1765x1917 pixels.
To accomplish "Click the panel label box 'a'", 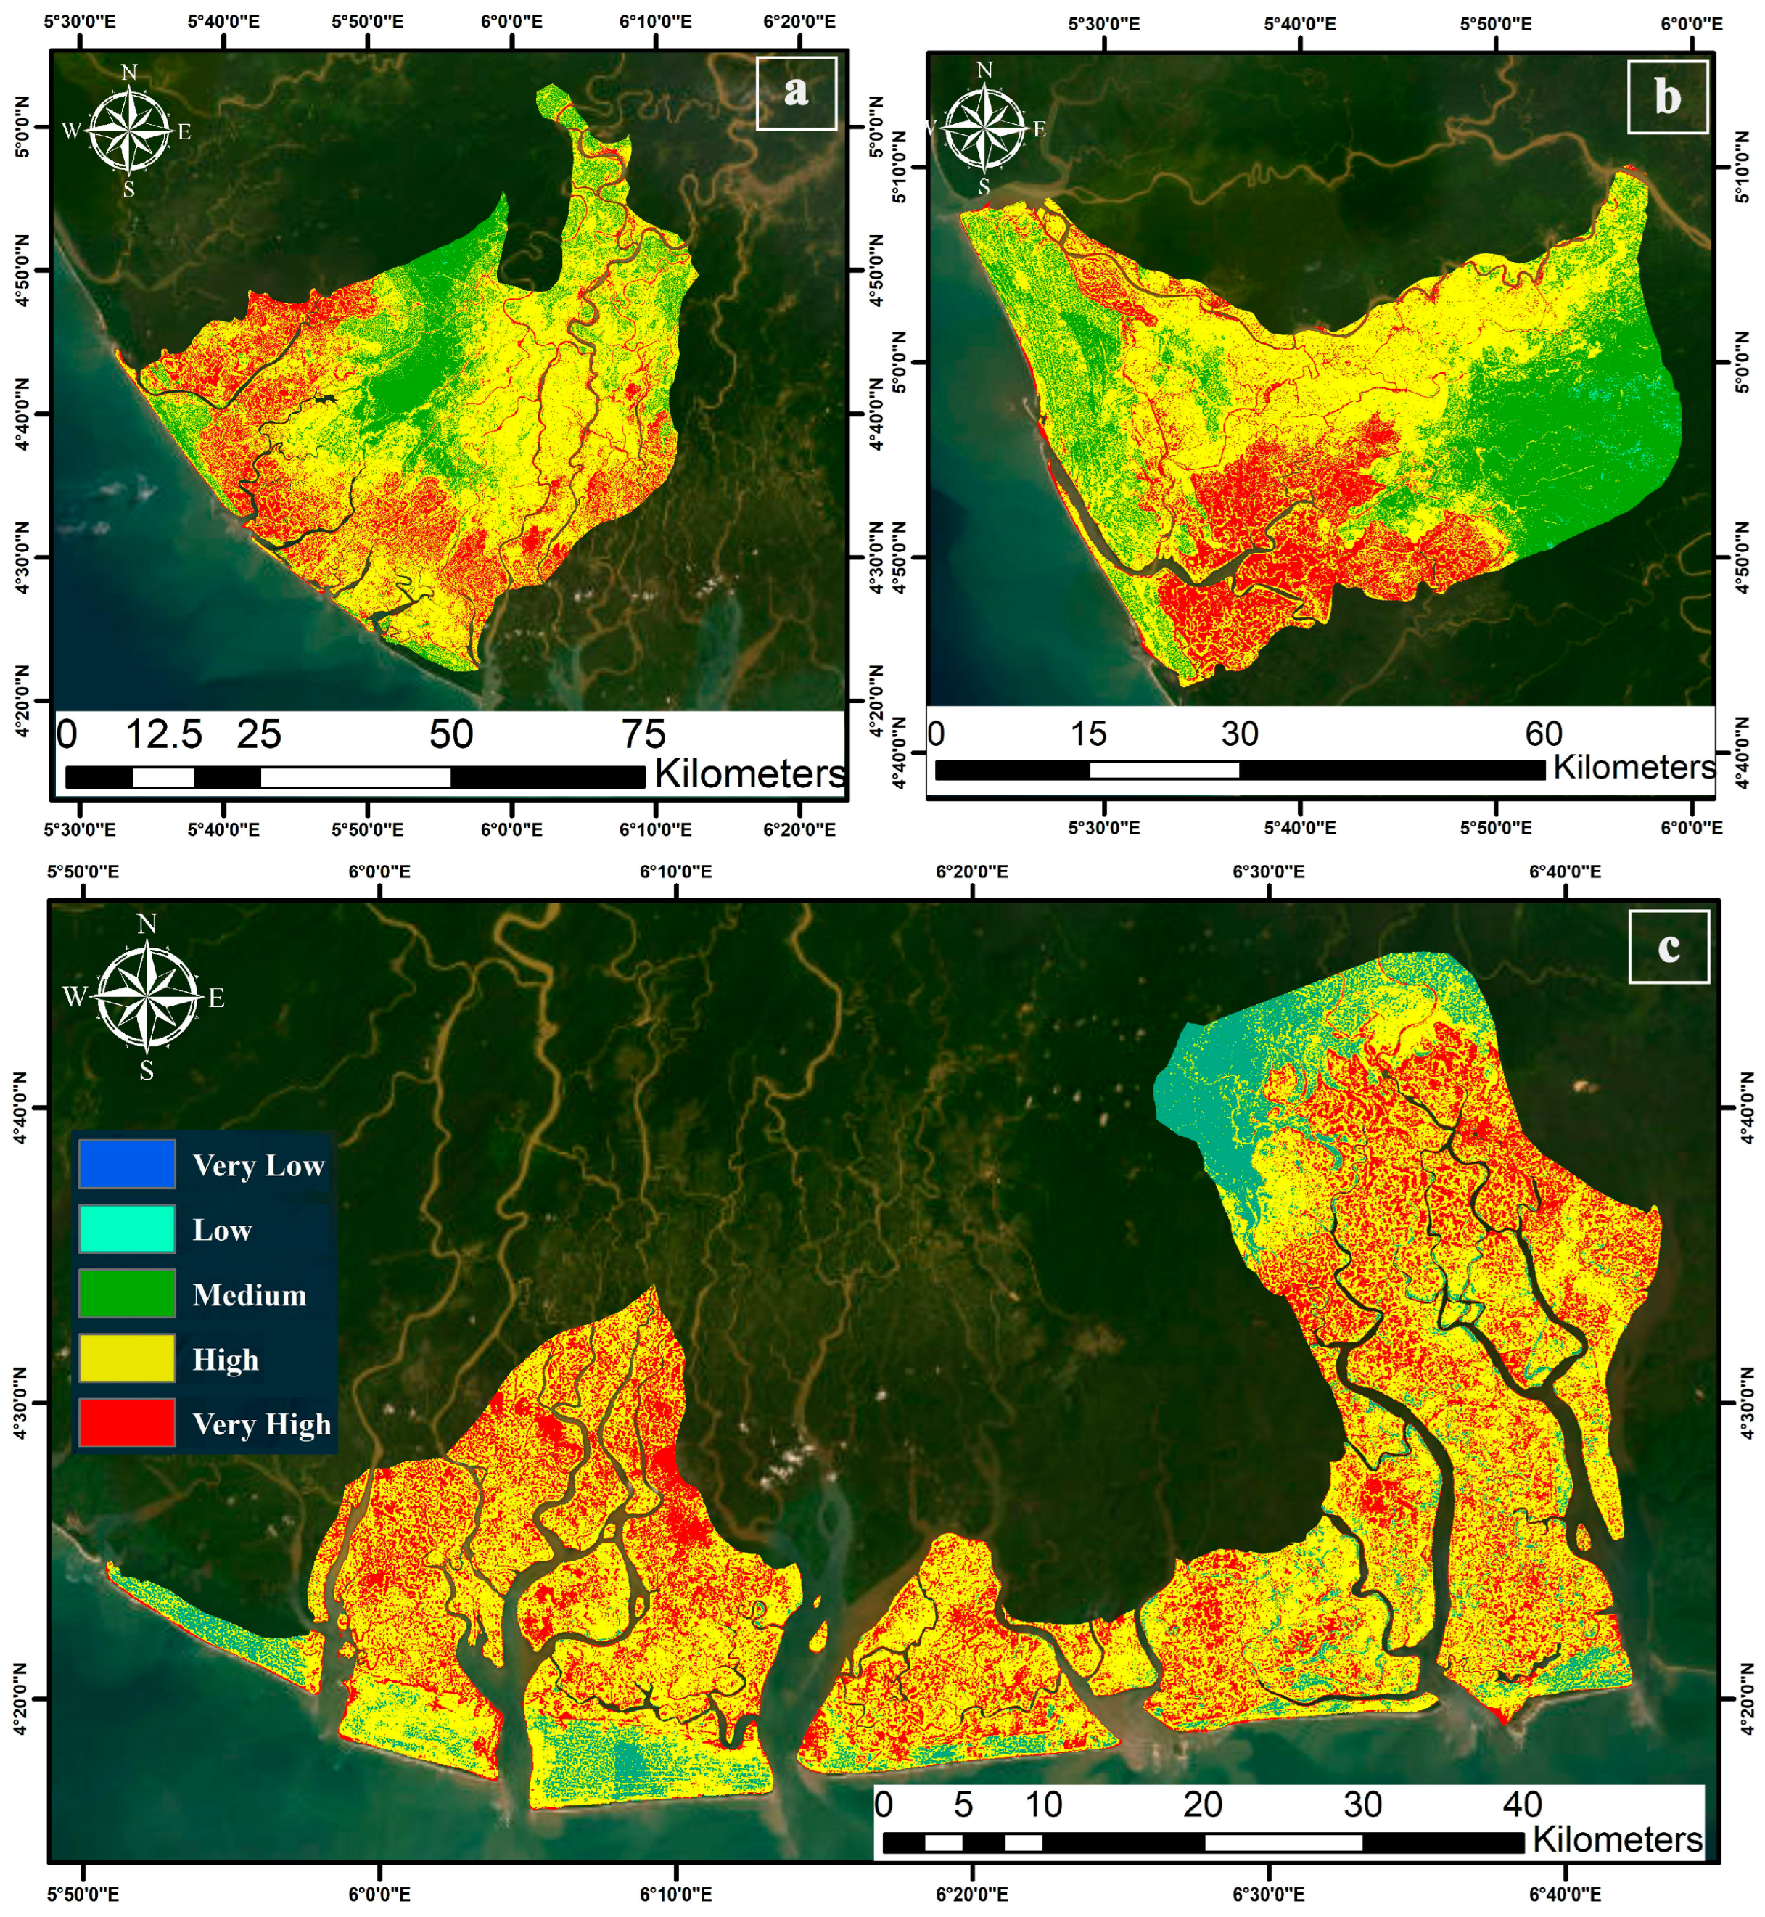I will coord(796,93).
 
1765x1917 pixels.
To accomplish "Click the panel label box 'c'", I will coord(1668,945).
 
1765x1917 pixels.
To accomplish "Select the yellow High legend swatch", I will coord(126,1358).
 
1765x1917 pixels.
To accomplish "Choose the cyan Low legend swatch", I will coord(126,1228).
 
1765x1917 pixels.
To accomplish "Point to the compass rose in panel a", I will coord(129,131).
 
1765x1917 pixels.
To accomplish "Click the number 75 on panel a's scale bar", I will coord(643,734).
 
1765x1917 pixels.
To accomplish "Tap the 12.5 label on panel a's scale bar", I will coord(163,734).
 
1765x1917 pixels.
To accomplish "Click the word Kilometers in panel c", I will coord(1617,1839).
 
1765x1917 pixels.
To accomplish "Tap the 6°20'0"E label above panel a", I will coord(799,22).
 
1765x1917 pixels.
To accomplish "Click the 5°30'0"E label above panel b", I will coord(1103,24).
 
